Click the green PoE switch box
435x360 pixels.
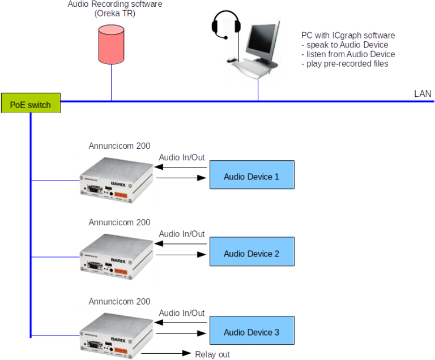coord(31,104)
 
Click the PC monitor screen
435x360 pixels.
coord(263,37)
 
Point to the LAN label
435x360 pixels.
coord(422,93)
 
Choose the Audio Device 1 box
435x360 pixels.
coord(251,176)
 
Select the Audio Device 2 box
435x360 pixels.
coord(251,254)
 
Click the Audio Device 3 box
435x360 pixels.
coord(251,332)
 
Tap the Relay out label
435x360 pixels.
coord(212,355)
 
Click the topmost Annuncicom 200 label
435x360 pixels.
coord(120,146)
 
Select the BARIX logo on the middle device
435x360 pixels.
coord(118,261)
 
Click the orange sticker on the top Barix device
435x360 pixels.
coord(120,194)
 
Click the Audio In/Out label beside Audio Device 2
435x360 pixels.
coord(182,234)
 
